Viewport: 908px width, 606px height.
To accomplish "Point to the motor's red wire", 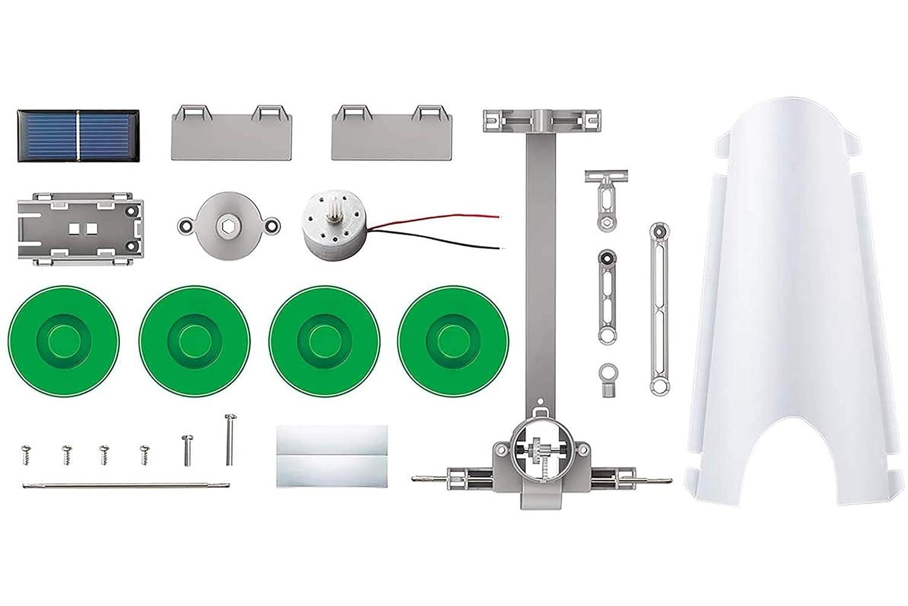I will [436, 219].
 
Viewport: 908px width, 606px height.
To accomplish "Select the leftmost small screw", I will [25, 451].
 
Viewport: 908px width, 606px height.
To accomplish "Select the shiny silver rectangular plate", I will [332, 456].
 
